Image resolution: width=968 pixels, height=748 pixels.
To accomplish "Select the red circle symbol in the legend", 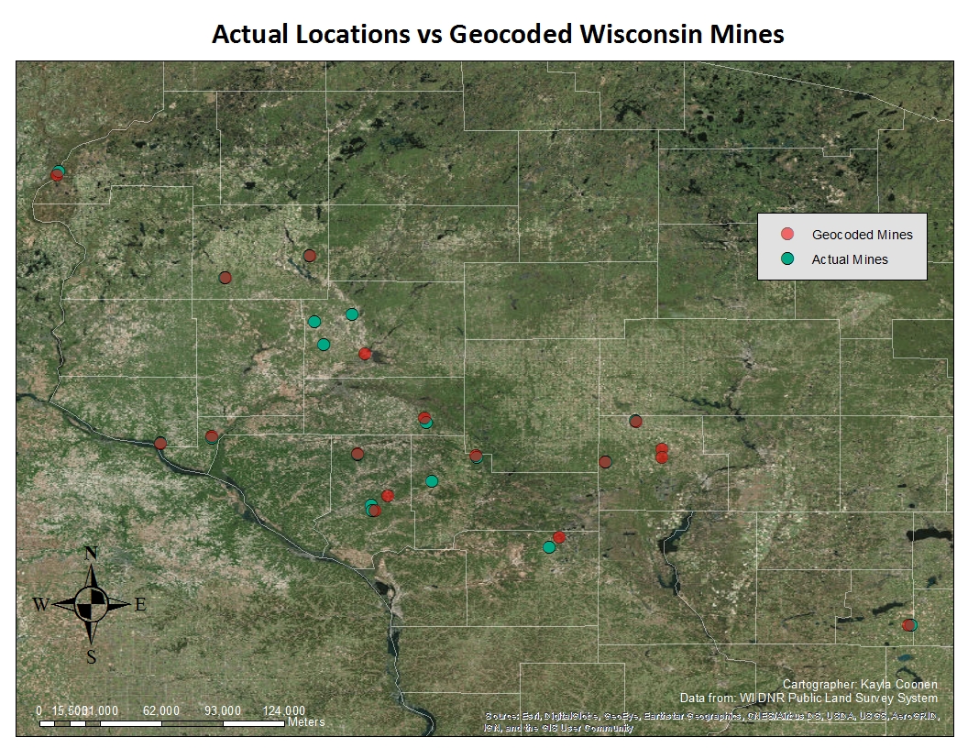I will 786,235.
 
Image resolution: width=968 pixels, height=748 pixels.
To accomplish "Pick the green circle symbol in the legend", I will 786,259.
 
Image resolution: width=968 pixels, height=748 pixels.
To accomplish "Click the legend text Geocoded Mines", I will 862,235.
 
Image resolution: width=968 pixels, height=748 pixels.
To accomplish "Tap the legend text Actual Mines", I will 850,259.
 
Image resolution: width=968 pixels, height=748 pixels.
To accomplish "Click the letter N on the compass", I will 91,553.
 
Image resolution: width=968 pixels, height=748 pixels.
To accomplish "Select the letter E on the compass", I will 140,604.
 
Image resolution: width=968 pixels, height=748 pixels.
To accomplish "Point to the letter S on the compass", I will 91,655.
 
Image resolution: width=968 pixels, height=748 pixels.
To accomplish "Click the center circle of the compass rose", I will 91,603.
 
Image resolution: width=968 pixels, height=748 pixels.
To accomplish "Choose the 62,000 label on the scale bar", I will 161,710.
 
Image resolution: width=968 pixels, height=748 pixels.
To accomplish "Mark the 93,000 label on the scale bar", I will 223,710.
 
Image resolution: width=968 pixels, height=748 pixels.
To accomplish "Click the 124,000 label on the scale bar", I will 284,710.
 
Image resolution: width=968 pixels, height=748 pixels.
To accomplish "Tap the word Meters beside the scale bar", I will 306,722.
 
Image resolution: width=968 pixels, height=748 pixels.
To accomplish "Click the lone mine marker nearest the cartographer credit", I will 908,625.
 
